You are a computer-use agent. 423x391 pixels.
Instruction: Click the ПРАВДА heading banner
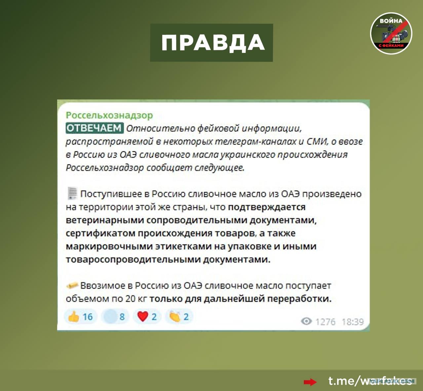pos(211,43)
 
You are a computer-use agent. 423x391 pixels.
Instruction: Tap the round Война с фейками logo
pos(391,33)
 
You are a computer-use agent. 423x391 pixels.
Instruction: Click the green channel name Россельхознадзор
pos(109,115)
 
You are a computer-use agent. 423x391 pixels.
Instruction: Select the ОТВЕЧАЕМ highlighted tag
pos(95,128)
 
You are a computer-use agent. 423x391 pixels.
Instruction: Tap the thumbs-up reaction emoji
pos(73,317)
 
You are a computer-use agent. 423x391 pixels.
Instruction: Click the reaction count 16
pos(88,317)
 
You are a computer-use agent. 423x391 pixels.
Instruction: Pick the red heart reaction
pos(142,316)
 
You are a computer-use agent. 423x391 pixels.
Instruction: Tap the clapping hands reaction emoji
pos(174,316)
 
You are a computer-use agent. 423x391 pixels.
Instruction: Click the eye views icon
pos(306,321)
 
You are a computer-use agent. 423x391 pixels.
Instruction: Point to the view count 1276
pos(325,322)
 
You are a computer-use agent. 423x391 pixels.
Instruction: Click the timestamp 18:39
pos(353,322)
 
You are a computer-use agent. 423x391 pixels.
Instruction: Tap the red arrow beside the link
pos(310,382)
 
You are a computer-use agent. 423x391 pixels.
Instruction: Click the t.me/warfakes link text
pos(370,381)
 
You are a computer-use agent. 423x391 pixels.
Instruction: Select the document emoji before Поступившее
pos(72,193)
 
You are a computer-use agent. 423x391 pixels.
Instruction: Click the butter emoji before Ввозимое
pos(72,285)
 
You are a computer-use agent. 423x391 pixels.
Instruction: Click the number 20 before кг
pos(130,299)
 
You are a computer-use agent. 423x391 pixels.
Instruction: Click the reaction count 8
pos(122,317)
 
